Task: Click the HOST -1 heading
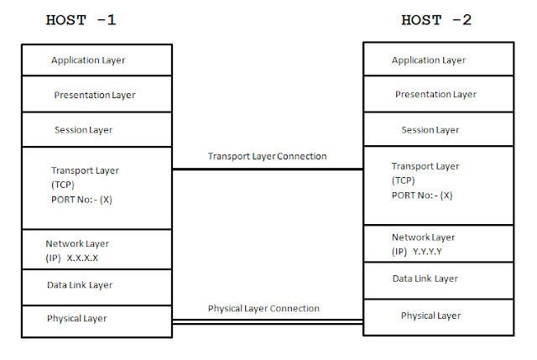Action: coord(81,20)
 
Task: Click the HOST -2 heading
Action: coord(436,20)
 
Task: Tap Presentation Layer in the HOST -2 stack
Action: coord(435,95)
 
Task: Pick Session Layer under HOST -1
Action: coord(83,130)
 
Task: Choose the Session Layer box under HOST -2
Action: coord(430,130)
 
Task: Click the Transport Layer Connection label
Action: coord(267,156)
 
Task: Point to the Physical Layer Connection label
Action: coord(263,309)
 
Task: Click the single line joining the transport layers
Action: coord(268,170)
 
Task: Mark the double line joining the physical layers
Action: coord(268,322)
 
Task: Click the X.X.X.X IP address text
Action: coord(88,258)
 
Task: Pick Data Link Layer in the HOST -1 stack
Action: coord(80,285)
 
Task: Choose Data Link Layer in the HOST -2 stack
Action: coord(425,279)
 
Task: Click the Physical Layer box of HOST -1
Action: coord(76,319)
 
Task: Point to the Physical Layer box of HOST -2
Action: coord(430,316)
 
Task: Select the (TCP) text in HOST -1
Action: coord(64,184)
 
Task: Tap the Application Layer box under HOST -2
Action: coord(428,60)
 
